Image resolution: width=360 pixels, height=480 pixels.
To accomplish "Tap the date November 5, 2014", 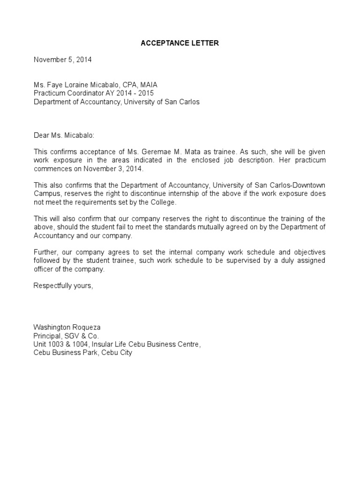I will point(62,60).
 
